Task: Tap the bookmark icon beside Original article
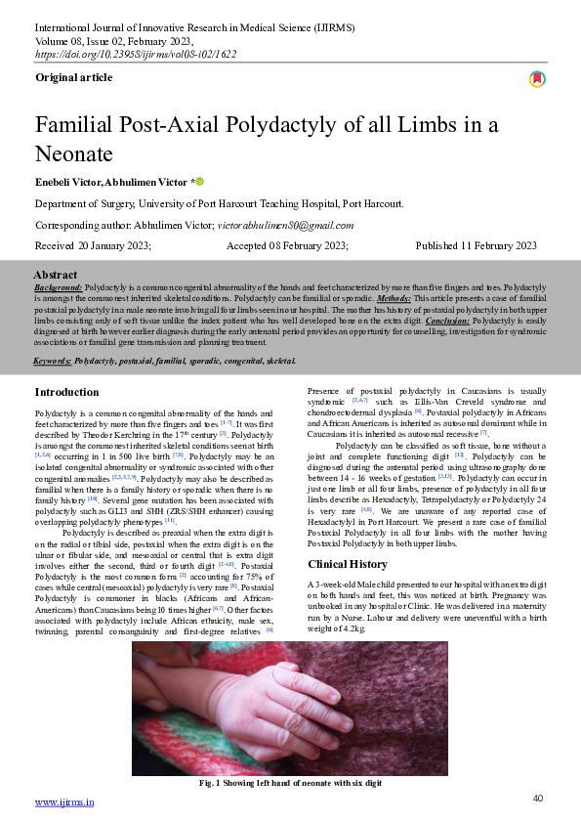point(537,79)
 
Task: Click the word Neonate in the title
point(74,153)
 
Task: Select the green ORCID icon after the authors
point(199,182)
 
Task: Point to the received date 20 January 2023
point(93,246)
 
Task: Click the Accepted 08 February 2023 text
point(289,246)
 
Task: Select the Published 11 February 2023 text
point(476,246)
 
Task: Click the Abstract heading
point(56,275)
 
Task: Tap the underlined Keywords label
point(52,361)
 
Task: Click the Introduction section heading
point(66,392)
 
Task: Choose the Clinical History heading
point(348,565)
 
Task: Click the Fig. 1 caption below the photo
point(290,783)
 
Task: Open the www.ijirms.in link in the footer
point(64,802)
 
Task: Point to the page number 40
point(538,799)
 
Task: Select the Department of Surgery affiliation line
point(219,203)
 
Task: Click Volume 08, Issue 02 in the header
point(114,42)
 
